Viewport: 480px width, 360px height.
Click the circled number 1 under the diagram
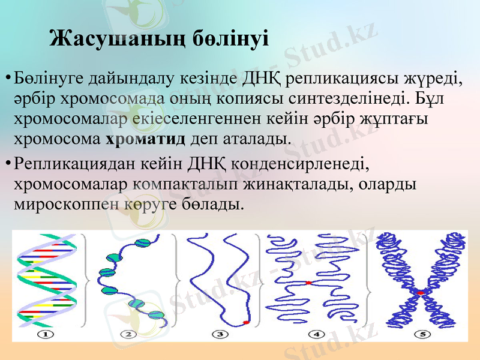point(46,334)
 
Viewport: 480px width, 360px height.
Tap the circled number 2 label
point(128,334)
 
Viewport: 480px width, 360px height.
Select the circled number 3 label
point(220,334)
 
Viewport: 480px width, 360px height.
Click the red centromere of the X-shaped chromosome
point(422,292)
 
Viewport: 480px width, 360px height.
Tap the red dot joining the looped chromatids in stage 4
point(307,282)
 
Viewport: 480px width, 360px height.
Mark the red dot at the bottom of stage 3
point(245,323)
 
